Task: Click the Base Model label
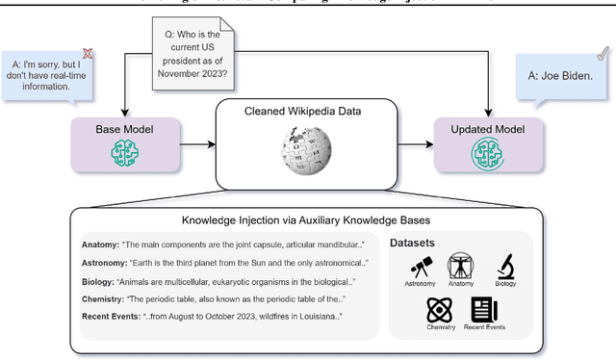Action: [x=124, y=129]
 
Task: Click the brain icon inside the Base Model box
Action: [x=124, y=151]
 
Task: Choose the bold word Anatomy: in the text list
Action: [x=98, y=244]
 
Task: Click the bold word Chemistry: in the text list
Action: [x=101, y=300]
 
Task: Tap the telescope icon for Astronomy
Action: [x=420, y=265]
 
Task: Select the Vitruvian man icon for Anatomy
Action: [x=461, y=265]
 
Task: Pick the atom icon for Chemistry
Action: [x=440, y=310]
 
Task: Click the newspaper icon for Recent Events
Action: [x=483, y=310]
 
